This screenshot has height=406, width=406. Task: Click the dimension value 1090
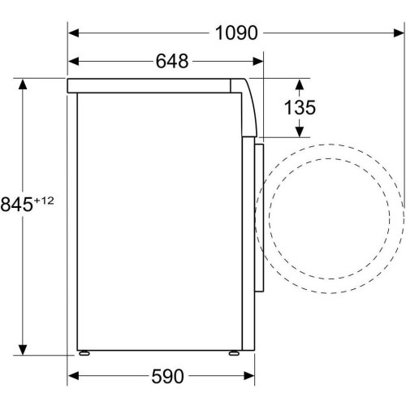tap(236, 32)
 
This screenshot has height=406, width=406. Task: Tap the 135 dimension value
tap(300, 108)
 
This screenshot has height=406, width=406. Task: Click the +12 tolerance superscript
tap(43, 199)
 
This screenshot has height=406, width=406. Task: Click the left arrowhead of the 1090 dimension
tap(71, 33)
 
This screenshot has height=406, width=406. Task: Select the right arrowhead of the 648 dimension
tap(261, 62)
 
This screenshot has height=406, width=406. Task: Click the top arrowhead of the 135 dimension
tap(300, 83)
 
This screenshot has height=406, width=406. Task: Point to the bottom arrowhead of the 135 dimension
tap(300, 132)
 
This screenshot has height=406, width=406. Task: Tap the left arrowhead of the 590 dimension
tap(71, 376)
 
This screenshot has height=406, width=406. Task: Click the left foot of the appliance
tap(84, 352)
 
